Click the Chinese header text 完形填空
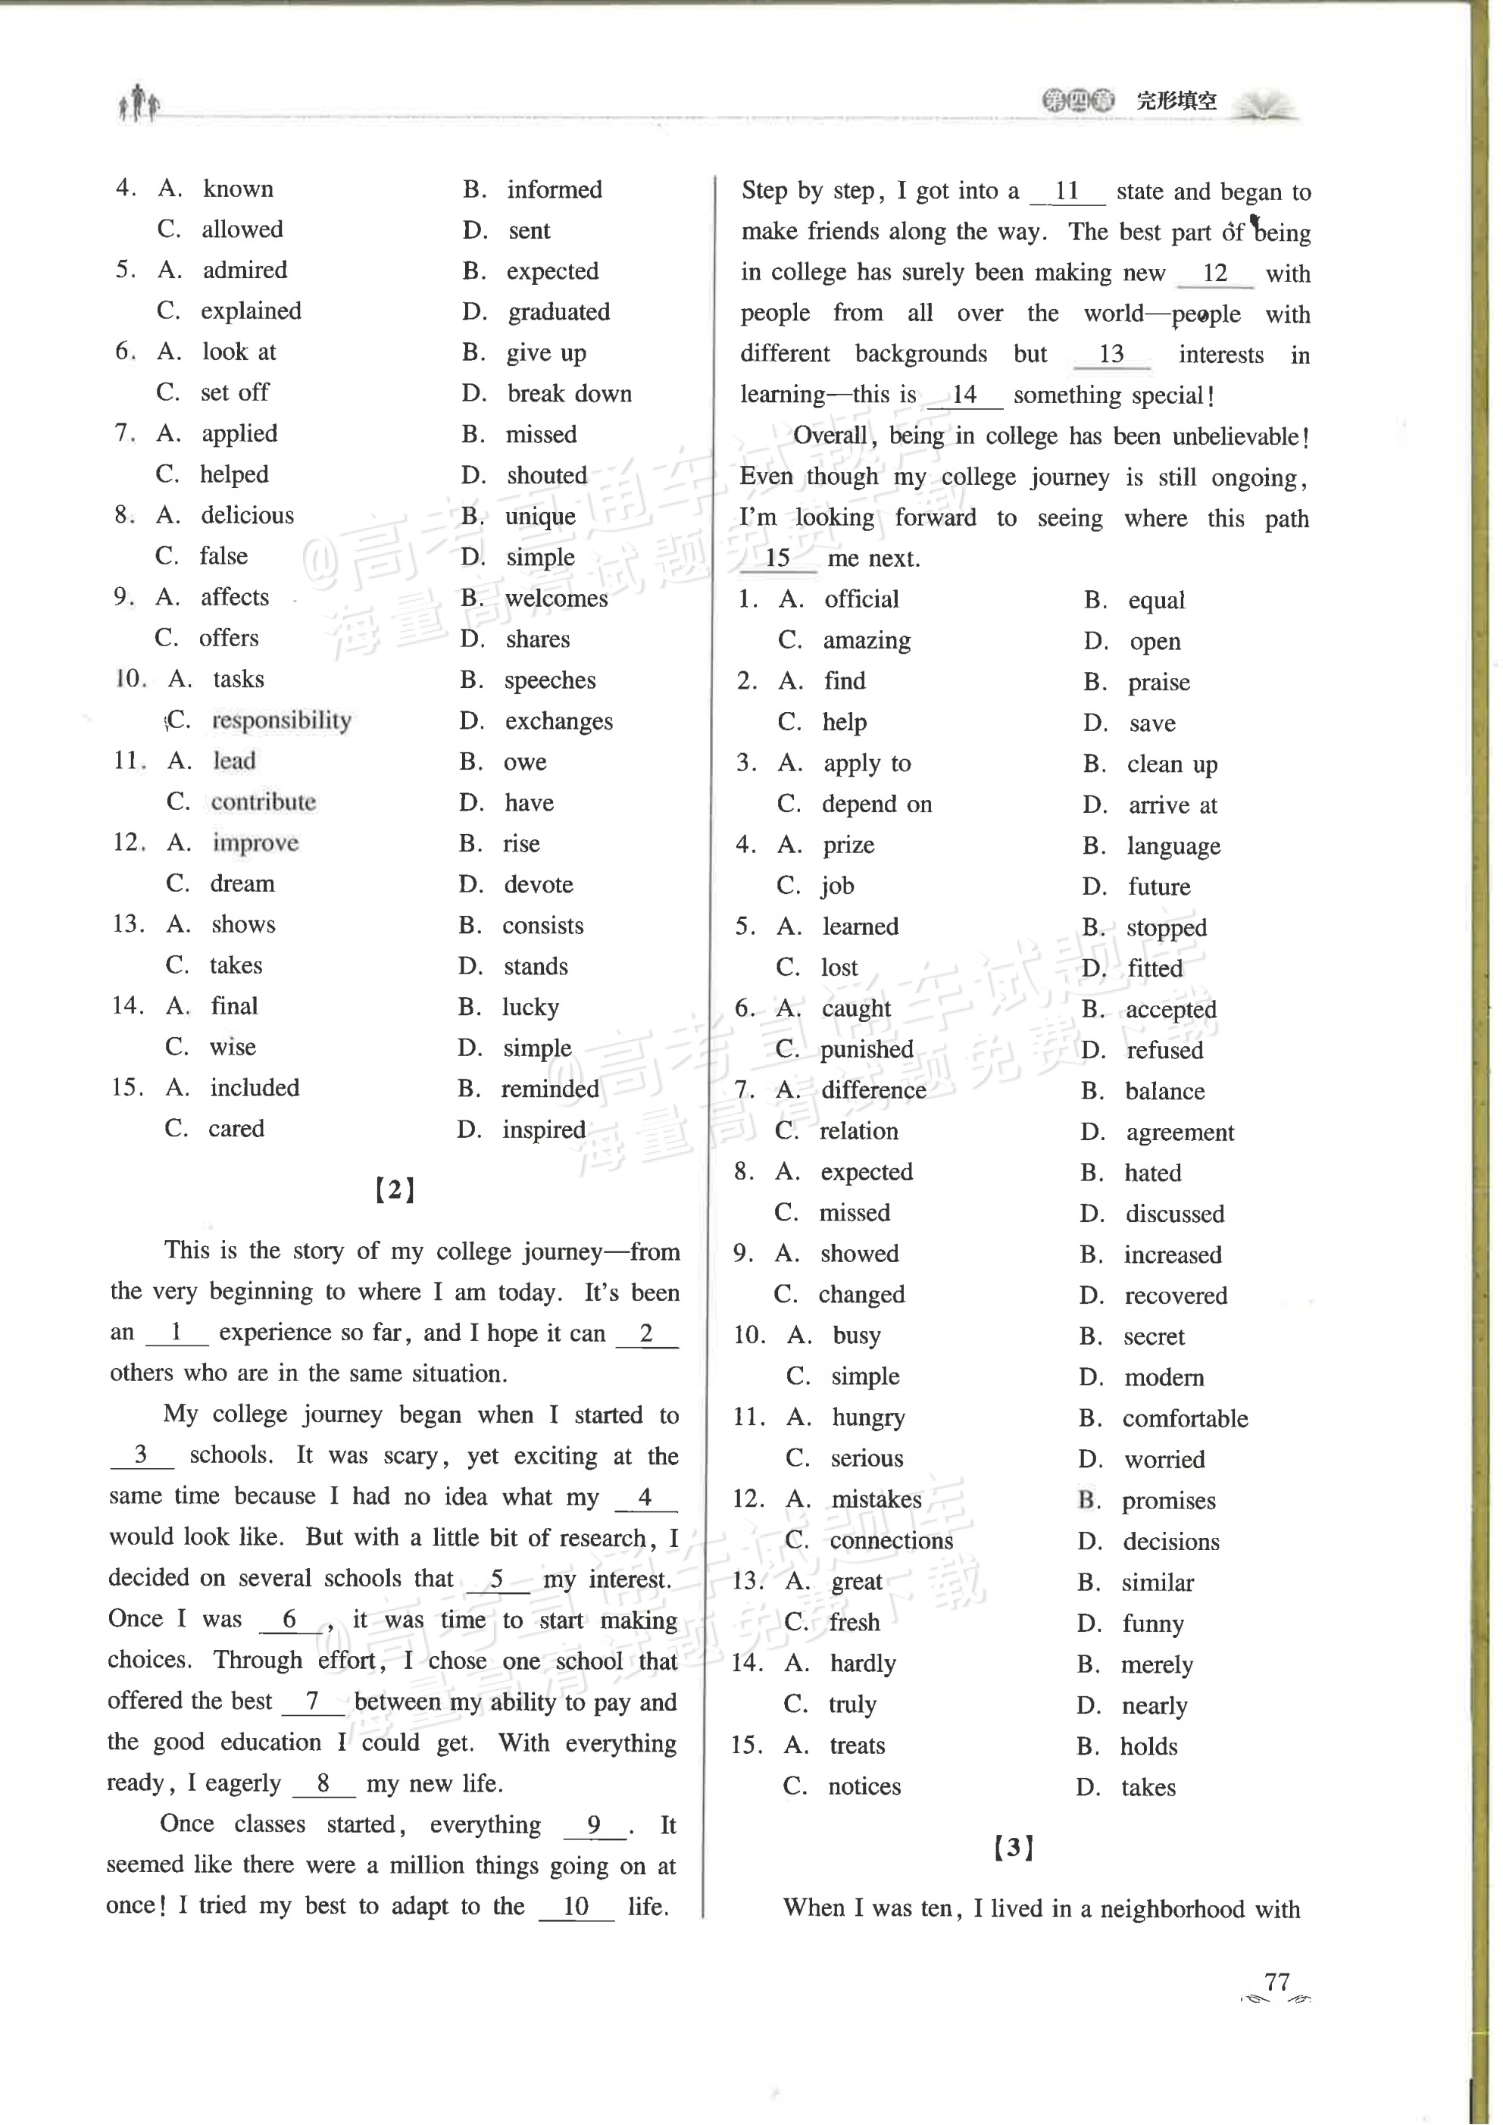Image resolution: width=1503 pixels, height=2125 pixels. (1176, 101)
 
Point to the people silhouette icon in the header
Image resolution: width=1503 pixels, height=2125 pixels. (139, 103)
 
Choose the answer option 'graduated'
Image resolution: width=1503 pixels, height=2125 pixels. (558, 312)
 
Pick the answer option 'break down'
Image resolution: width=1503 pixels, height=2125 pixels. (569, 393)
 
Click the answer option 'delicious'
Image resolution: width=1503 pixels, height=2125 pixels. (247, 515)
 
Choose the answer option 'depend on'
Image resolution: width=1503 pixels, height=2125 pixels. (876, 805)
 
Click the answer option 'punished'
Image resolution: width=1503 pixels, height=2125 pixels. (866, 1049)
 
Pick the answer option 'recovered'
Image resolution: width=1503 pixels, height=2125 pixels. (1176, 1295)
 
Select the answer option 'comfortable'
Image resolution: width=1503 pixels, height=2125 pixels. (1185, 1419)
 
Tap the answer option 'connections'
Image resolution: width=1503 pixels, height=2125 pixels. (890, 1541)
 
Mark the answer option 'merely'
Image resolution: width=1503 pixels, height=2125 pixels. (1157, 1665)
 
